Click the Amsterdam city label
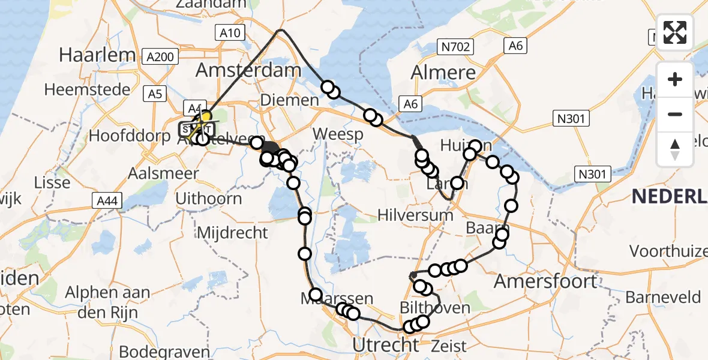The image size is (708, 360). coord(248,71)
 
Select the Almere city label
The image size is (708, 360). coord(443,73)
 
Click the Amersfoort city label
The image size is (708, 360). coord(545,281)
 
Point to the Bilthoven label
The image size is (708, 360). coord(436,308)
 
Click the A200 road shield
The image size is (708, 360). coord(161,57)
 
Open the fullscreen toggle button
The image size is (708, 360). coord(675,32)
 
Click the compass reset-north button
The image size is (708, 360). coord(675,149)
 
